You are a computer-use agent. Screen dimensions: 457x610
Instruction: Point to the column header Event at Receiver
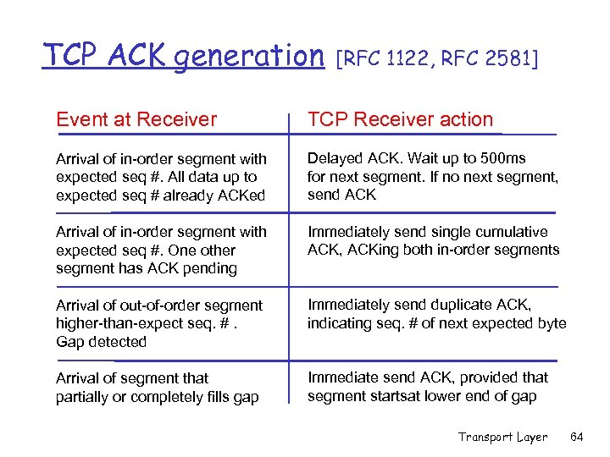(x=136, y=119)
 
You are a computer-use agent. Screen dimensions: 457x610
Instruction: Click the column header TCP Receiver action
(x=400, y=119)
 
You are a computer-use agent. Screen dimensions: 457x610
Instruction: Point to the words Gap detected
(x=101, y=342)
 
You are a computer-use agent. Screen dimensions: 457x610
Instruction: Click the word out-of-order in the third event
(x=144, y=306)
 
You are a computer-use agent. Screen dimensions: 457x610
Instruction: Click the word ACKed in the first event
(x=241, y=195)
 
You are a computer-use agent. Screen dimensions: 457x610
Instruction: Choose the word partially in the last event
(x=83, y=397)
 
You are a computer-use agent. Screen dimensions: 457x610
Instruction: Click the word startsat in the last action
(x=394, y=396)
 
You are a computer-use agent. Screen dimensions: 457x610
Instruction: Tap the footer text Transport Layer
(x=503, y=437)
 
